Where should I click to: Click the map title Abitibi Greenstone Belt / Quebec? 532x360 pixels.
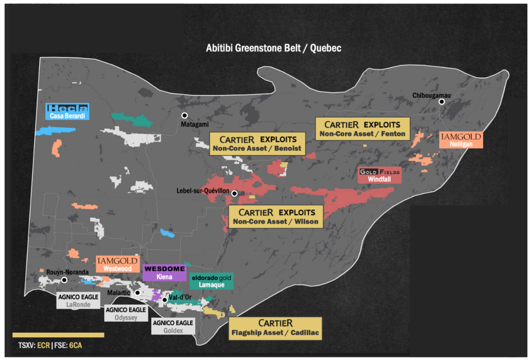pyautogui.click(x=273, y=48)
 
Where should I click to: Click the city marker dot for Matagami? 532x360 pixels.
pyautogui.click(x=185, y=115)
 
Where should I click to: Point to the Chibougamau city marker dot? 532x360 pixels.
pyautogui.click(x=442, y=102)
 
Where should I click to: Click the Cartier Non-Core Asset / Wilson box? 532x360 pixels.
pyautogui.click(x=276, y=216)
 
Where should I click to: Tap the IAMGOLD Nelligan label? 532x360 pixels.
pyautogui.click(x=461, y=140)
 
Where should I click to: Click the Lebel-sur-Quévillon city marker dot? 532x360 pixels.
pyautogui.click(x=234, y=193)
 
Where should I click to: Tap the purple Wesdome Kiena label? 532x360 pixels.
pyautogui.click(x=164, y=272)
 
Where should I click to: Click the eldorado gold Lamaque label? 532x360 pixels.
pyautogui.click(x=211, y=280)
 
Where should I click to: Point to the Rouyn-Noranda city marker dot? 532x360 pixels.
pyautogui.click(x=64, y=280)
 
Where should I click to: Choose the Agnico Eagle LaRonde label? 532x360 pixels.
pyautogui.click(x=79, y=301)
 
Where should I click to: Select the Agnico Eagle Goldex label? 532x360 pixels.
pyautogui.click(x=173, y=326)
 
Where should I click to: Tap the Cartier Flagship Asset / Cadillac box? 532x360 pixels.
pyautogui.click(x=275, y=329)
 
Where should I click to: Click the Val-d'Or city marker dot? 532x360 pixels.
pyautogui.click(x=164, y=300)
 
